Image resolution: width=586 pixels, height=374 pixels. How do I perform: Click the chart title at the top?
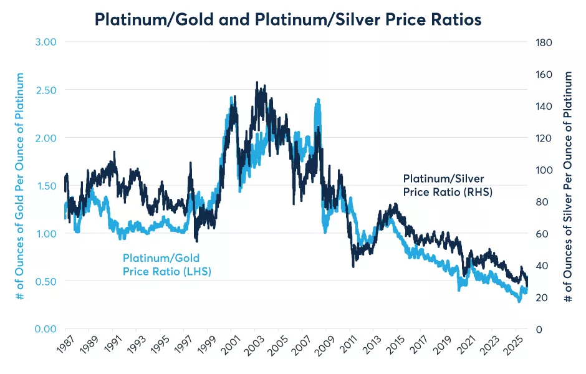pyautogui.click(x=287, y=19)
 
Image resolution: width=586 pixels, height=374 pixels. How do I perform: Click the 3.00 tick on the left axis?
pyautogui.click(x=44, y=42)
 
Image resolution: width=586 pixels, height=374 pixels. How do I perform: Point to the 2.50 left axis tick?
pyautogui.click(x=44, y=90)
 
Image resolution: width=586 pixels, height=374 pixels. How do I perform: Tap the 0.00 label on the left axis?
pyautogui.click(x=44, y=329)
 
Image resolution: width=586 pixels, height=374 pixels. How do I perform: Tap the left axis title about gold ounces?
pyautogui.click(x=20, y=186)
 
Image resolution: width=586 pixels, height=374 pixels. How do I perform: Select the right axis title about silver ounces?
pyautogui.click(x=568, y=186)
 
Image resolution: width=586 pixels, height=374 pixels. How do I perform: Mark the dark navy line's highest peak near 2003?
pyautogui.click(x=257, y=82)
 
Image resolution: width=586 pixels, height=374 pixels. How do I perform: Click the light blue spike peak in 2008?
pyautogui.click(x=318, y=99)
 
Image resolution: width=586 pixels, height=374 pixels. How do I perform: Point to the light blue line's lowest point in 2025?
pyautogui.click(x=519, y=302)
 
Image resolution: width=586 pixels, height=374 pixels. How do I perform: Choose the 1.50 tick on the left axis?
pyautogui.click(x=44, y=186)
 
